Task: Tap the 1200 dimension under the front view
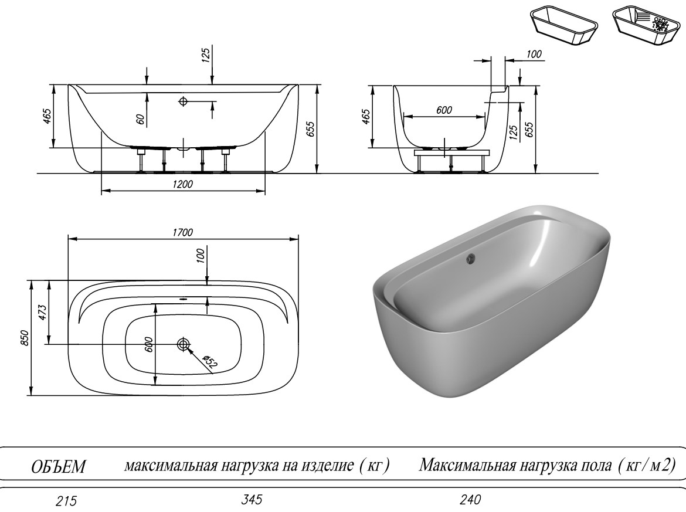(x=184, y=184)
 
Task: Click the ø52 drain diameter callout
(x=209, y=362)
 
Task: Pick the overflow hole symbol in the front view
(x=183, y=101)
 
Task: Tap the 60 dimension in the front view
(x=140, y=118)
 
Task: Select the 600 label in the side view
(x=444, y=110)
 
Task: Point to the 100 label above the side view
(x=534, y=55)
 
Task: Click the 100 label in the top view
(x=201, y=255)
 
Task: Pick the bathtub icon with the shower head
(x=646, y=25)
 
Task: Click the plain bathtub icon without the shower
(x=564, y=25)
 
